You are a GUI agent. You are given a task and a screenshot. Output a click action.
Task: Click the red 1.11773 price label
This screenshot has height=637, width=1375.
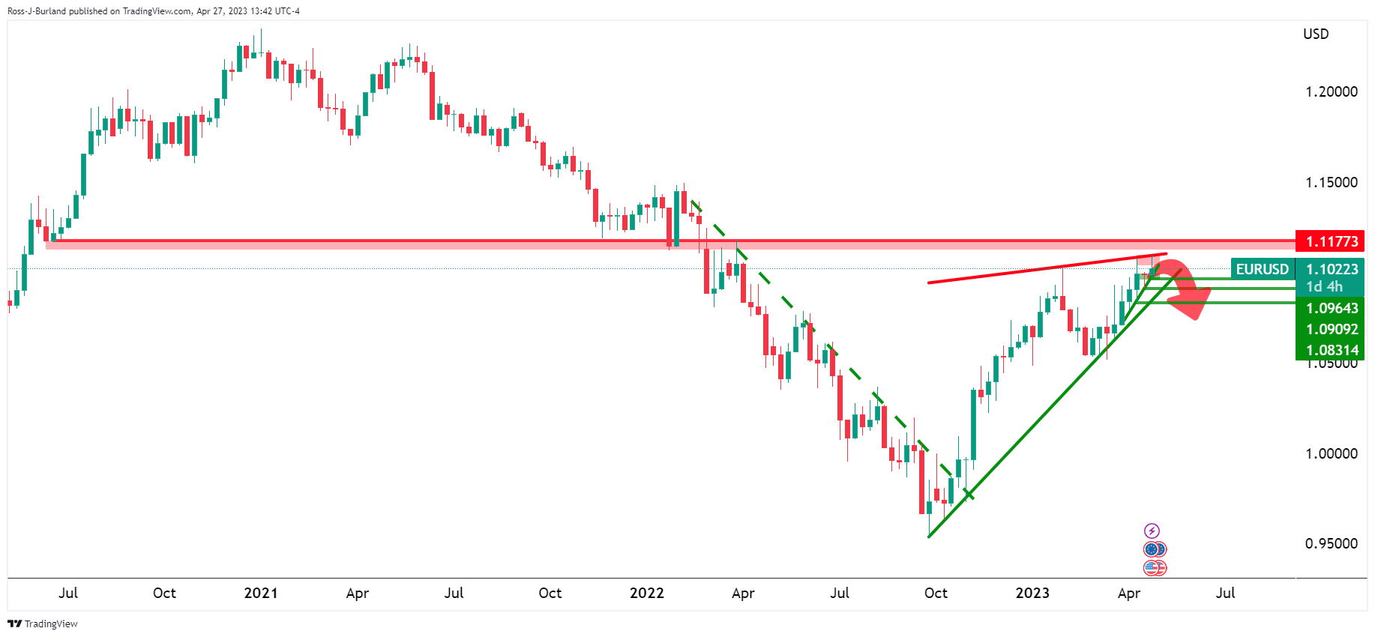[x=1332, y=241]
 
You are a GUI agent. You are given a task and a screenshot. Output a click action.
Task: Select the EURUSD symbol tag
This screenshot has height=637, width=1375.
[x=1263, y=269]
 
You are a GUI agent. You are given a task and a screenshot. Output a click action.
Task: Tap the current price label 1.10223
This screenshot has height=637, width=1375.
[x=1332, y=269]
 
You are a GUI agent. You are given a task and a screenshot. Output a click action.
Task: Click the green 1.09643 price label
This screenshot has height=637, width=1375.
[x=1332, y=308]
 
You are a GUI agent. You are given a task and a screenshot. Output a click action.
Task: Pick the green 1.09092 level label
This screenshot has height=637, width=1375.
[x=1332, y=329]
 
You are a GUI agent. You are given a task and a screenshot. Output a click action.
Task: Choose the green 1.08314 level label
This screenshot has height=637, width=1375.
[x=1332, y=350]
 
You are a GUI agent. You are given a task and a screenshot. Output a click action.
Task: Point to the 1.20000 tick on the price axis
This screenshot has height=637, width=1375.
[x=1331, y=91]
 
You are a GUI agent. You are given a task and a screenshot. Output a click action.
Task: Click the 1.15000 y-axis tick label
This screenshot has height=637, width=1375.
[x=1331, y=182]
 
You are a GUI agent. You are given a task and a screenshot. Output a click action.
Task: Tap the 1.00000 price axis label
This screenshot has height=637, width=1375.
[x=1331, y=453]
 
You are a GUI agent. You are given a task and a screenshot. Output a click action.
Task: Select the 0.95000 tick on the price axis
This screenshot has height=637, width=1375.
[x=1331, y=543]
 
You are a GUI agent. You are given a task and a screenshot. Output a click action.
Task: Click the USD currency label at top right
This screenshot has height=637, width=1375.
[x=1316, y=34]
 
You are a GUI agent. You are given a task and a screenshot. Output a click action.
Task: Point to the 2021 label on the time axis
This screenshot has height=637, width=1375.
[x=261, y=593]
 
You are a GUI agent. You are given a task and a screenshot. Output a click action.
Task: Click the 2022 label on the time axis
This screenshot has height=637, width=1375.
[x=646, y=593]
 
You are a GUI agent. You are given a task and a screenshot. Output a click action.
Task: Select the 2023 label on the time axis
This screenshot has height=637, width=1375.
[x=1032, y=593]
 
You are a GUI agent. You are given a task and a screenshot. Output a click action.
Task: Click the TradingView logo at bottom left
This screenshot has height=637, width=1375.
[x=43, y=624]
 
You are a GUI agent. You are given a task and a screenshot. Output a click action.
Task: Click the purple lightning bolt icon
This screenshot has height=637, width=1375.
[x=1152, y=531]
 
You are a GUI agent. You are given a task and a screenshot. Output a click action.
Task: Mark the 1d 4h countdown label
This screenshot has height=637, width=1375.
[x=1324, y=286]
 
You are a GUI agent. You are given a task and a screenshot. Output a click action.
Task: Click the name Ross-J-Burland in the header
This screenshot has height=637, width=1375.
[x=36, y=11]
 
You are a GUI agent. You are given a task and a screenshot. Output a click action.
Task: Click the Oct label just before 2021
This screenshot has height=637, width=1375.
[x=164, y=593]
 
